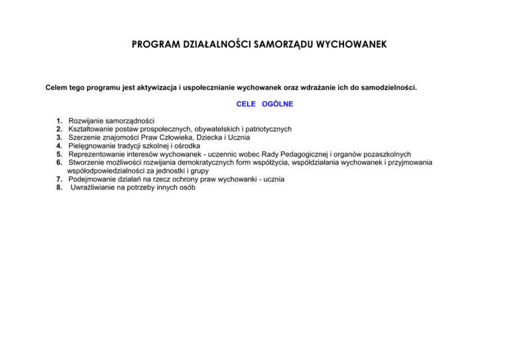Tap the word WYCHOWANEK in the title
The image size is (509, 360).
[x=343, y=46]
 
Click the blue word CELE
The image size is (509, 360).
[x=246, y=104]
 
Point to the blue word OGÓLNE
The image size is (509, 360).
[x=277, y=104]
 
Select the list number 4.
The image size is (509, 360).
[x=60, y=146]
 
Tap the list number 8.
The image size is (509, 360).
[x=60, y=187]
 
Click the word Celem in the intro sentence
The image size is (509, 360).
[x=58, y=87]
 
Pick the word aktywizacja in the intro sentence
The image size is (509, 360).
[x=158, y=87]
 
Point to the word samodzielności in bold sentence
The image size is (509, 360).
[x=389, y=87]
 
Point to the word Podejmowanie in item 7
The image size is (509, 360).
[x=92, y=179]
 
